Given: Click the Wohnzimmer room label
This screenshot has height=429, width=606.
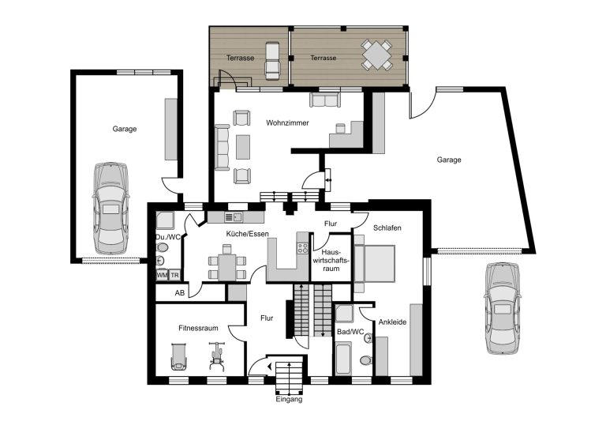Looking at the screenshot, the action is [287, 123].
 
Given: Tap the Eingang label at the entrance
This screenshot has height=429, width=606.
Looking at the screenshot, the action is [289, 399].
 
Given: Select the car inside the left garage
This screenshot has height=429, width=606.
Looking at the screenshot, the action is [110, 208].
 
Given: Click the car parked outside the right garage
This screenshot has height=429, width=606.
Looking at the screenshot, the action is [503, 308].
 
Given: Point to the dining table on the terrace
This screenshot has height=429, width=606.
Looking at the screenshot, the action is [377, 55].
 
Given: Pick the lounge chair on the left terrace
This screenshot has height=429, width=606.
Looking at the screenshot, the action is [272, 61].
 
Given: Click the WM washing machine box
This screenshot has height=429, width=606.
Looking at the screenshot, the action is [162, 275].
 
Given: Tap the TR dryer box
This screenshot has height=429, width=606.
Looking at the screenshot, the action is [174, 275].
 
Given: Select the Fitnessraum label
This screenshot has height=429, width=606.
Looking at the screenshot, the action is [198, 328].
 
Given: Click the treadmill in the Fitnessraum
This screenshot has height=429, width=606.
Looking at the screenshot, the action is [178, 356].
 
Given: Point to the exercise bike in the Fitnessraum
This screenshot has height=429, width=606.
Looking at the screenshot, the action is [217, 356].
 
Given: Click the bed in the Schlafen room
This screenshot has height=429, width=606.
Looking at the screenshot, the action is [375, 263].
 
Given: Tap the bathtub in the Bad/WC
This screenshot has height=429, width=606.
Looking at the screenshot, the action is [343, 358].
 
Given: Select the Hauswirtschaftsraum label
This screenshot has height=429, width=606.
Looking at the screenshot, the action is [331, 260].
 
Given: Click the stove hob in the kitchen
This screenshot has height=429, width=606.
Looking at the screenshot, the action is [303, 248].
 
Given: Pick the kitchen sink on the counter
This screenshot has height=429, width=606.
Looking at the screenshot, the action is [234, 217].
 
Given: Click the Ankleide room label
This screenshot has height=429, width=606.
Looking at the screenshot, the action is [392, 322].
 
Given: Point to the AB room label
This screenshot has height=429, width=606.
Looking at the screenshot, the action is [180, 293].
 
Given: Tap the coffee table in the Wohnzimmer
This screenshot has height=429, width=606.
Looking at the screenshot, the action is [243, 147].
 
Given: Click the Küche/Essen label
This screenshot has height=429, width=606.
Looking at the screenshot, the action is [247, 234].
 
